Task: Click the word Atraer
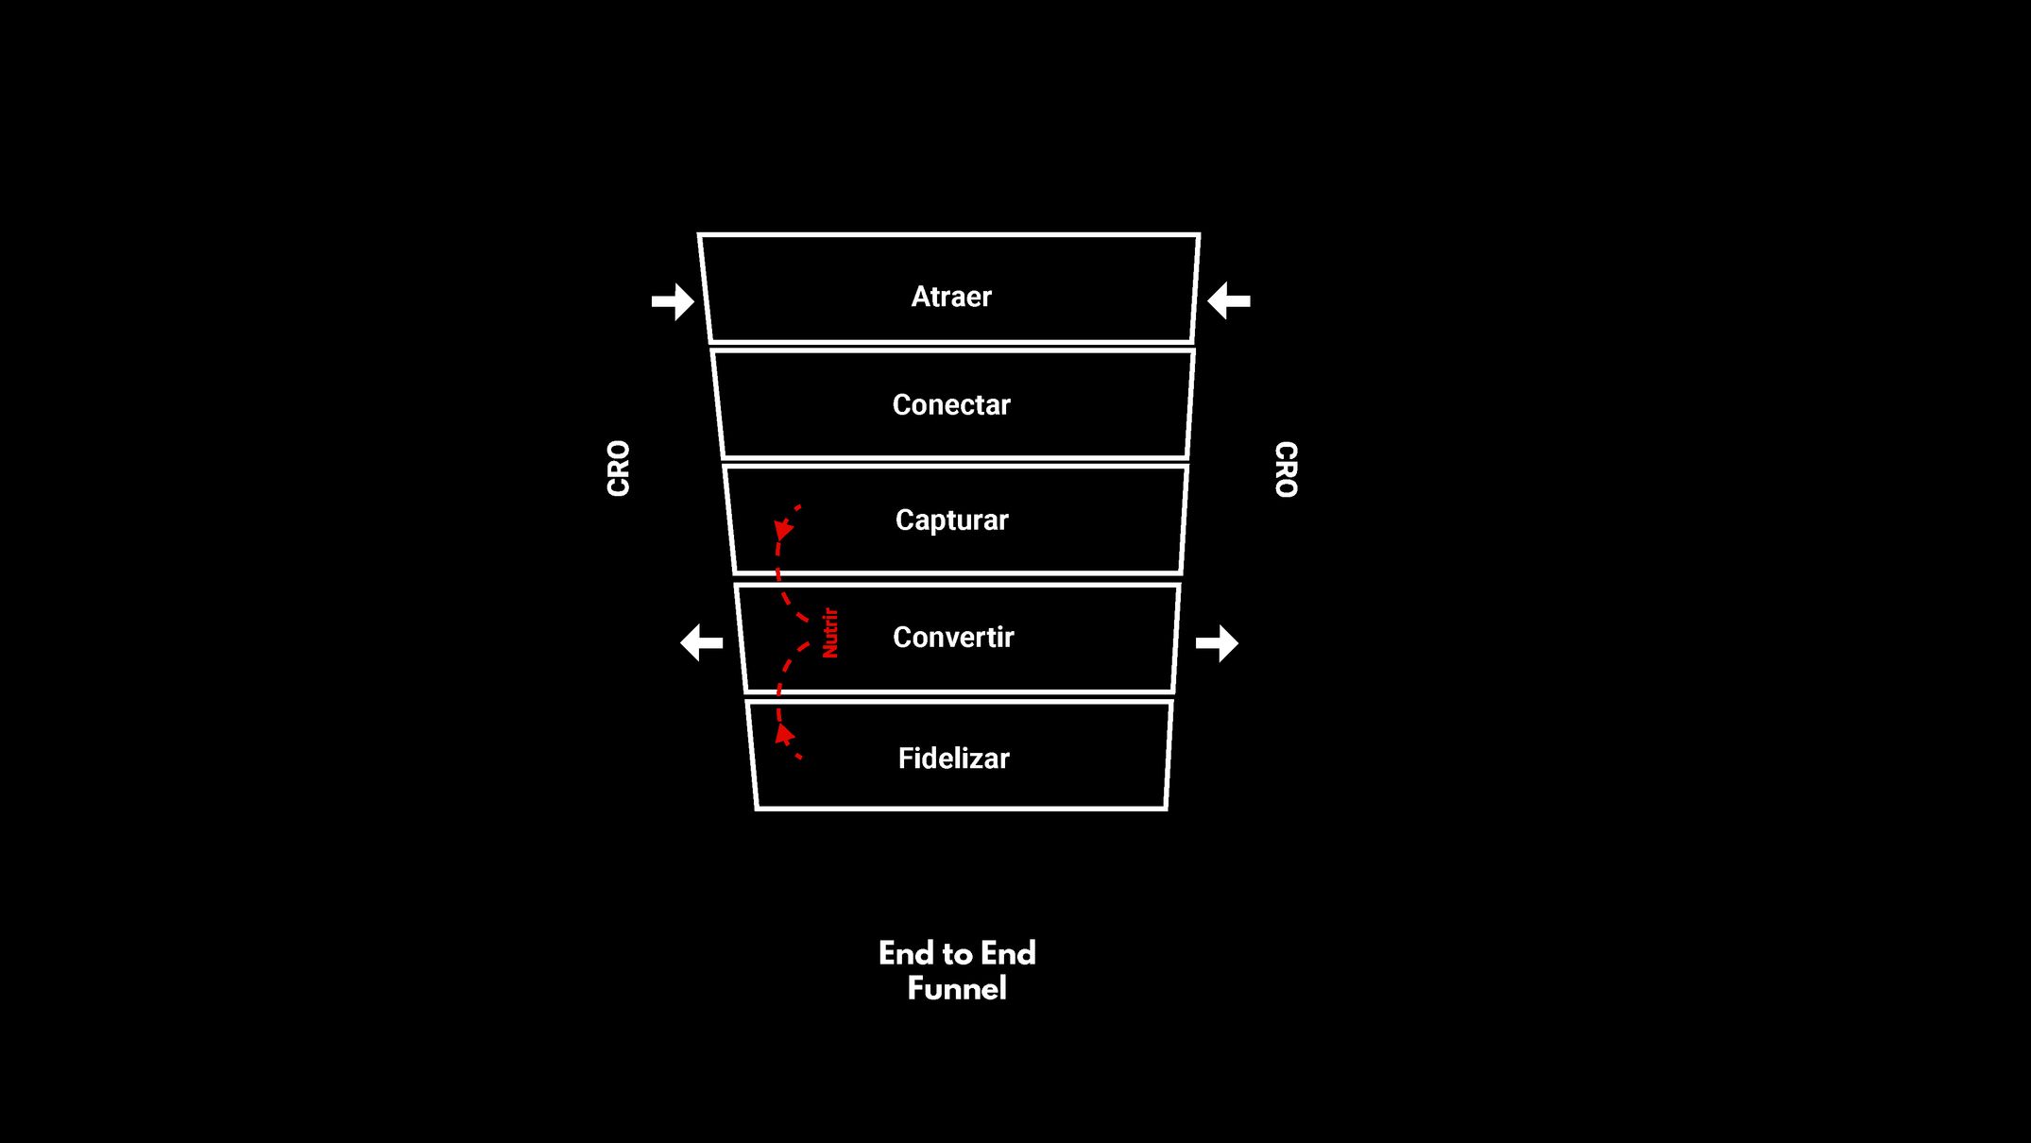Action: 951,297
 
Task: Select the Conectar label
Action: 951,404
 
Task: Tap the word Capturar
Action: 952,520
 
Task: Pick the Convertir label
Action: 953,637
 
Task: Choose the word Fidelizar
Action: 953,758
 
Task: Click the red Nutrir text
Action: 829,633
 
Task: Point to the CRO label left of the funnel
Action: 618,468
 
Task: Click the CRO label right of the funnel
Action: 1287,469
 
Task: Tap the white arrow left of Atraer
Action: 673,301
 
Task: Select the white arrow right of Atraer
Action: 1229,300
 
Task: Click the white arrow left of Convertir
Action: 701,643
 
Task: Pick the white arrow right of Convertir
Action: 1217,643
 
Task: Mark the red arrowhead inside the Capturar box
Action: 783,529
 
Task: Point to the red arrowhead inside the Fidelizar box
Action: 783,734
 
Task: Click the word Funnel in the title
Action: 957,988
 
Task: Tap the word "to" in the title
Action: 957,954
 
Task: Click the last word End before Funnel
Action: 1008,953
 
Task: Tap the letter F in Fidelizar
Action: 905,759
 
